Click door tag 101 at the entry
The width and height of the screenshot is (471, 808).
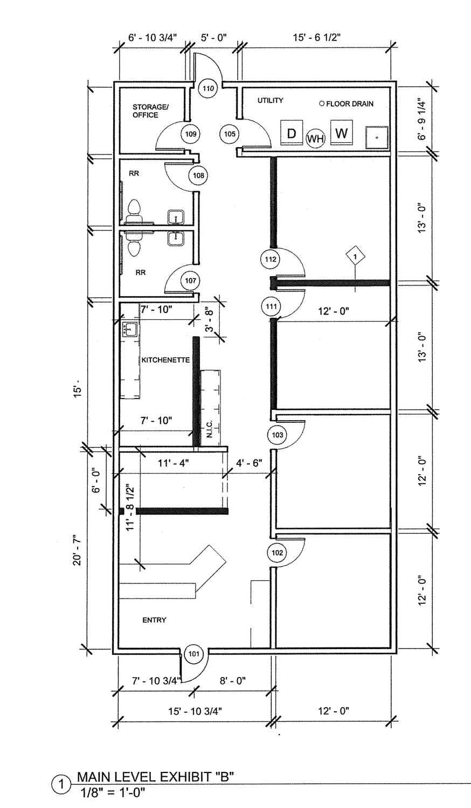tap(194, 653)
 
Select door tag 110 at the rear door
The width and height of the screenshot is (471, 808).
tap(208, 88)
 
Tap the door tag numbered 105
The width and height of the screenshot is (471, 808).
tap(230, 134)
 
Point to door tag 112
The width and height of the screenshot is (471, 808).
tap(271, 259)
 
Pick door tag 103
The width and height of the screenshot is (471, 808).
tap(277, 435)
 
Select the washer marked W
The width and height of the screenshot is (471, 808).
tap(342, 133)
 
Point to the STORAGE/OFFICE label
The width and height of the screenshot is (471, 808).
tap(150, 111)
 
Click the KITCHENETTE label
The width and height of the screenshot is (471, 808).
tap(165, 360)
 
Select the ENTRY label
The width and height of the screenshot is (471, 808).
tap(155, 620)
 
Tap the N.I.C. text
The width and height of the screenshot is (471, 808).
tap(210, 429)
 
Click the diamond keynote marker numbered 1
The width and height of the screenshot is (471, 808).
tap(356, 256)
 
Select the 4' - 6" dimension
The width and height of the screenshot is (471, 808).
tap(250, 463)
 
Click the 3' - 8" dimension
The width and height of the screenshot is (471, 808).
tap(209, 318)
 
